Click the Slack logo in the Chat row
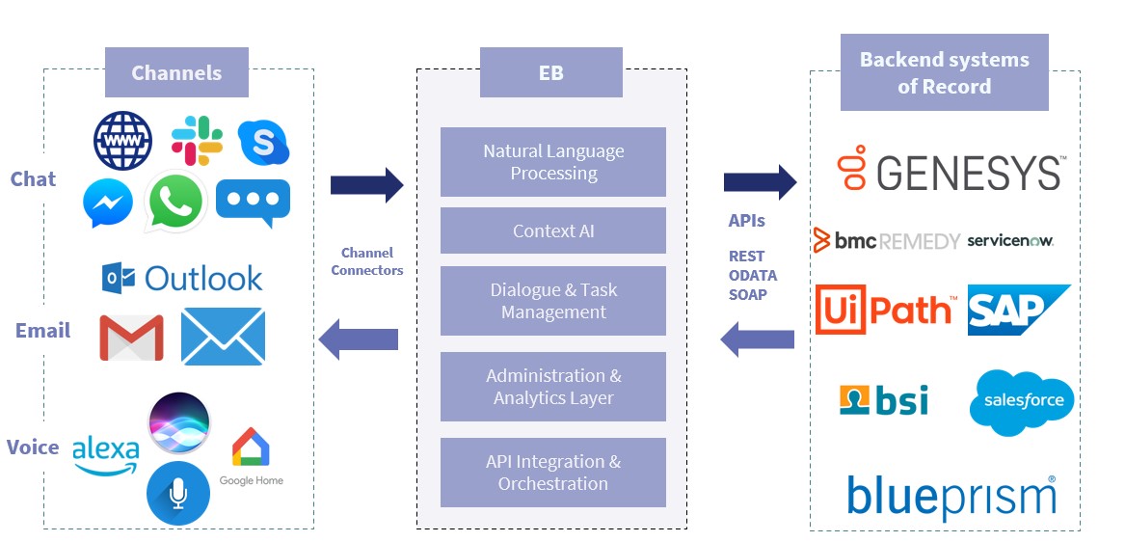197,140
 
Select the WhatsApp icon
174,203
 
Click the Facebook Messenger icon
107,203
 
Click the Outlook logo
182,278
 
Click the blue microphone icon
178,493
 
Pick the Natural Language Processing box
553,162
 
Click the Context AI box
553,230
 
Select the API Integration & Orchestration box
553,473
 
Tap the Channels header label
176,72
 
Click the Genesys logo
951,172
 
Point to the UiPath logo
885,310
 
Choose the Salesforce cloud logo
1022,401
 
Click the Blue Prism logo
951,497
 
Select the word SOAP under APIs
748,294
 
